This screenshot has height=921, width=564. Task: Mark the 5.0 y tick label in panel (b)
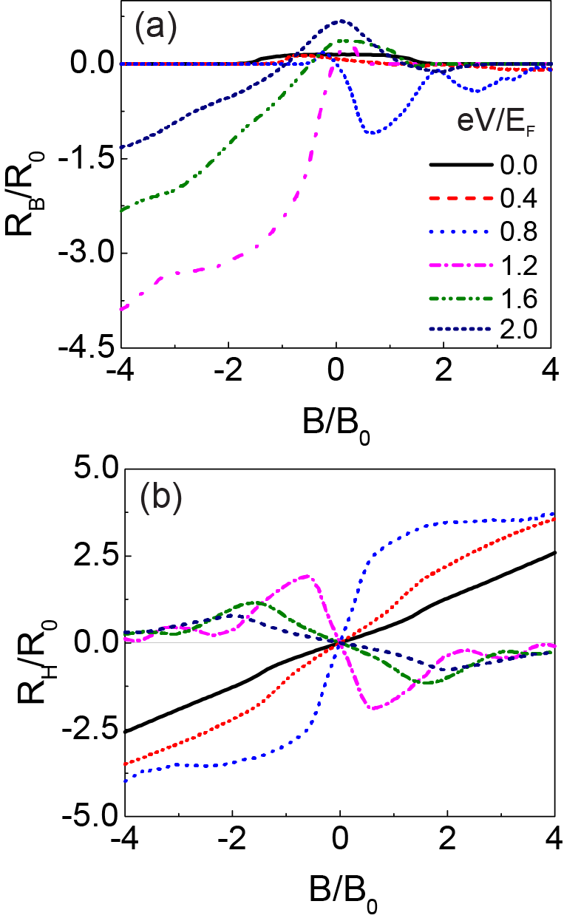pos(90,468)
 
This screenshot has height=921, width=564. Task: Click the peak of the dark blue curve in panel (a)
pos(342,21)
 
